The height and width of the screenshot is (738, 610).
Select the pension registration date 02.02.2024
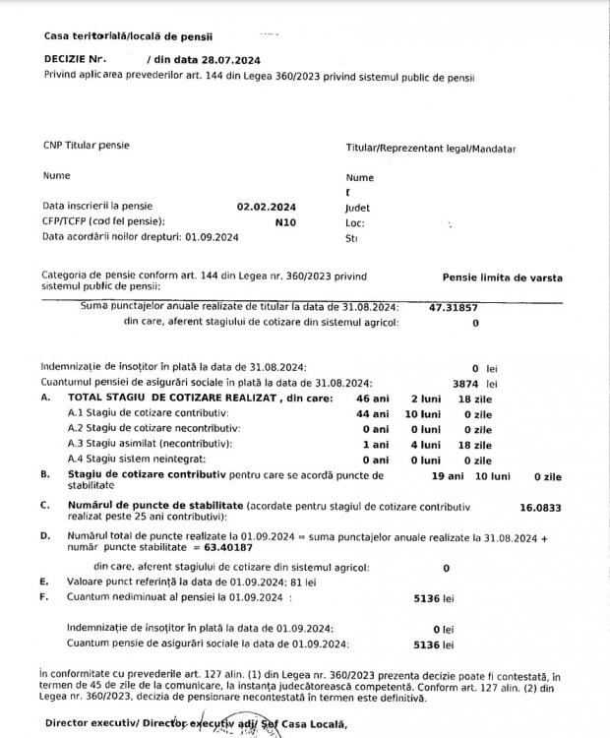click(x=266, y=207)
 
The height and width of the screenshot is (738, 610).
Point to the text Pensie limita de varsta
click(x=503, y=277)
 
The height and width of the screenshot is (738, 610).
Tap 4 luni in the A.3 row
click(x=424, y=444)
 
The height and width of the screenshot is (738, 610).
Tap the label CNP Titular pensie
click(x=86, y=146)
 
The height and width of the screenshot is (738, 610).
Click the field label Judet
click(x=357, y=208)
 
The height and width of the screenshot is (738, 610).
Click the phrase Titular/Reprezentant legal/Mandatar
click(x=431, y=149)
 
